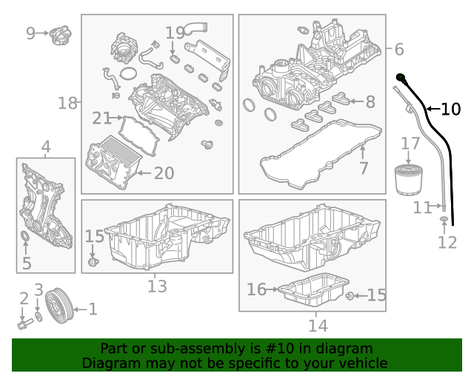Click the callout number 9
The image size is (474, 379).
click(30, 33)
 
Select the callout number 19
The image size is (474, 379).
click(175, 33)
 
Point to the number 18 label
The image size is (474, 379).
click(67, 103)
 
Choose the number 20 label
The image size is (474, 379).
click(163, 173)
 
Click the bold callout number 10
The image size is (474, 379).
click(450, 110)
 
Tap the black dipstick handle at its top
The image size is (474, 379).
click(401, 77)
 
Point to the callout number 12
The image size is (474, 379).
click(447, 242)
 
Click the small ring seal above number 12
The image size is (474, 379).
click(443, 220)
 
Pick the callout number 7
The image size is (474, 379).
click(364, 168)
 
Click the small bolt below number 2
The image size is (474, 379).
click(23, 323)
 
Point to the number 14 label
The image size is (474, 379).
click(317, 325)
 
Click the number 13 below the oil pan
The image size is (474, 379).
click(157, 286)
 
